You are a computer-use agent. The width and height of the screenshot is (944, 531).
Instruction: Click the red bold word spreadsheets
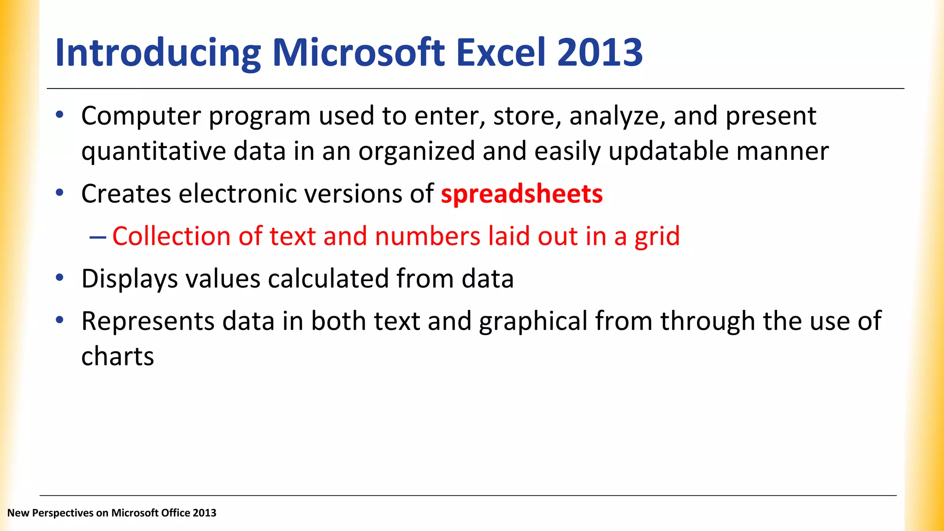(x=521, y=194)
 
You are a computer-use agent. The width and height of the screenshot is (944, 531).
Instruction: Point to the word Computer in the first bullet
(x=141, y=116)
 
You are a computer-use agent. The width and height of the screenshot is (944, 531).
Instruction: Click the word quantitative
(x=153, y=152)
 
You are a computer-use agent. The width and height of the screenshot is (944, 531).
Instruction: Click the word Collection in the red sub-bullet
(x=171, y=236)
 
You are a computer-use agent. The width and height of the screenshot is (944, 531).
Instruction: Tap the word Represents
(x=147, y=322)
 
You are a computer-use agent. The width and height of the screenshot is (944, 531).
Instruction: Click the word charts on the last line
(x=118, y=357)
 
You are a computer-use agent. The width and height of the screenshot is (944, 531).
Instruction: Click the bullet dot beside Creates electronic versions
(x=59, y=193)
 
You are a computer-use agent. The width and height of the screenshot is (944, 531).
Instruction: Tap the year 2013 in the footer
(x=205, y=513)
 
